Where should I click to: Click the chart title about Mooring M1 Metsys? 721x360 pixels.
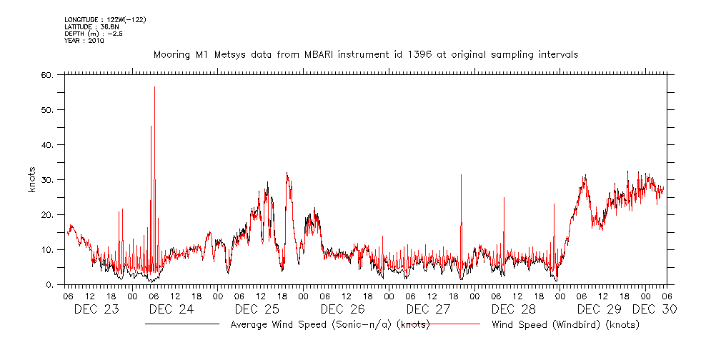pos(366,54)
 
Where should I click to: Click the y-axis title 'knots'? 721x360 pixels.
pos(31,180)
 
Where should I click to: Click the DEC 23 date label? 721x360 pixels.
pos(97,309)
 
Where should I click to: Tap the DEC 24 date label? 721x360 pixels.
pos(171,309)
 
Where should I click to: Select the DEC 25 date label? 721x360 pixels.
pos(257,309)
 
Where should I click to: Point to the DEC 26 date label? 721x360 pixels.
pos(342,309)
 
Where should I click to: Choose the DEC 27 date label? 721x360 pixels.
pos(428,309)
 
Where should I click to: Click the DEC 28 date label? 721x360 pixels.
pos(514,309)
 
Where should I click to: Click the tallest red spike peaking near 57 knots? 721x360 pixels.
pos(154,89)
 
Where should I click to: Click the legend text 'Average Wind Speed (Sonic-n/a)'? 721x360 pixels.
pos(329,325)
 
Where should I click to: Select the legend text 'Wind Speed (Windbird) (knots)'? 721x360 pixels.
pos(565,325)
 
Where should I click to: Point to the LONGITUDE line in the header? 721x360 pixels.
pos(106,19)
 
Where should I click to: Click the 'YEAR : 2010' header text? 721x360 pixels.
pos(84,41)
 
